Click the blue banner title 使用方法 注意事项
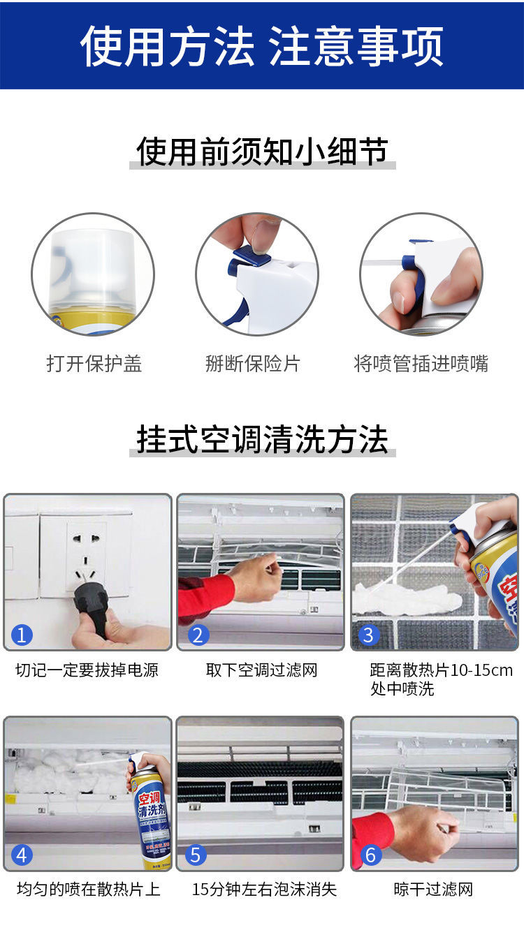pyautogui.click(x=262, y=45)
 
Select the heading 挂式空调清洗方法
pyautogui.click(x=262, y=439)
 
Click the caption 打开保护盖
pyautogui.click(x=94, y=364)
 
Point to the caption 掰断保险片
pyautogui.click(x=252, y=364)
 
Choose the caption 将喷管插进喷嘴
pyautogui.click(x=421, y=364)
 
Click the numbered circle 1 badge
pyautogui.click(x=22, y=635)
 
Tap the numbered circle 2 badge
pyautogui.click(x=198, y=635)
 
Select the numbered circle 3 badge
pyautogui.click(x=369, y=635)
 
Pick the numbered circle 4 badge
pyautogui.click(x=22, y=855)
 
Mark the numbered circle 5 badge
pyautogui.click(x=196, y=855)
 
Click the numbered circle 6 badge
pyautogui.click(x=371, y=855)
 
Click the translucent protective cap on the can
pyautogui.click(x=93, y=268)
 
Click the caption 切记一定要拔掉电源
pyautogui.click(x=87, y=670)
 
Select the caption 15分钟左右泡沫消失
pyautogui.click(x=264, y=890)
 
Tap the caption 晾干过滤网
pyautogui.click(x=433, y=890)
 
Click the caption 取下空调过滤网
pyautogui.click(x=261, y=670)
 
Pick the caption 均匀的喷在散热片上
pyautogui.click(x=89, y=890)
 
